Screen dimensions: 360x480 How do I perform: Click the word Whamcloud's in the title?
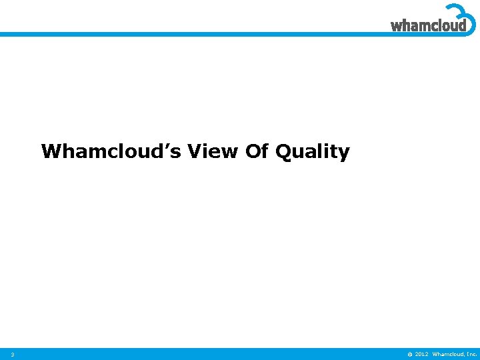(111, 152)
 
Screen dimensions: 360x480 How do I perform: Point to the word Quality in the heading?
(312, 152)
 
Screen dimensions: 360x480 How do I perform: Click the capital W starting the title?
(51, 152)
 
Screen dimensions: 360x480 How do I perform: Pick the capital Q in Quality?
(283, 152)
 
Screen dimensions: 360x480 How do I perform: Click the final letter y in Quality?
(343, 154)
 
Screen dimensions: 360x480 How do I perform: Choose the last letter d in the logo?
(461, 25)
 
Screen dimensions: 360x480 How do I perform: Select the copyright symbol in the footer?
(409, 354)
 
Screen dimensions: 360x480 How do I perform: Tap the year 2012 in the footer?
(421, 354)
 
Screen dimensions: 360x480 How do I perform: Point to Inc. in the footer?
(471, 354)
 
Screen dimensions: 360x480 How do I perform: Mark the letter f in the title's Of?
(264, 151)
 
